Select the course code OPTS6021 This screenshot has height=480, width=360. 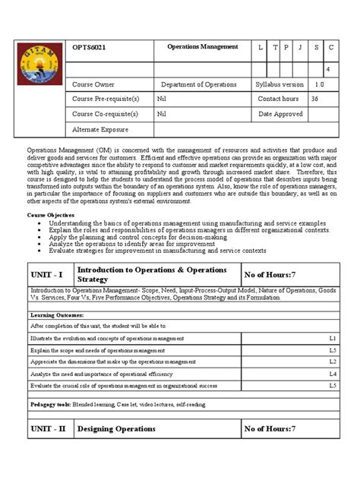click(88, 47)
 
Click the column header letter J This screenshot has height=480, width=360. click(301, 47)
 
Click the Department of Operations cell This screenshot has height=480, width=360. click(199, 84)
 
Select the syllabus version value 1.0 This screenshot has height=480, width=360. click(319, 84)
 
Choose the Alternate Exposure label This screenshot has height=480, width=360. click(103, 129)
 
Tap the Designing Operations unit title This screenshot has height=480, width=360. click(116, 428)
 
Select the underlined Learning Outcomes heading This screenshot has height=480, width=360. click(57, 314)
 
